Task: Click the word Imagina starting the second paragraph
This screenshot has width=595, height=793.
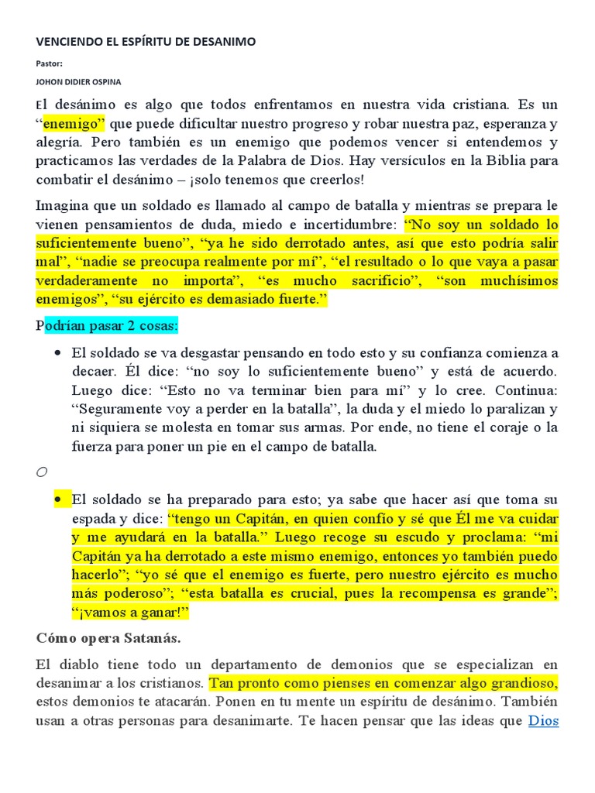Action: click(x=63, y=205)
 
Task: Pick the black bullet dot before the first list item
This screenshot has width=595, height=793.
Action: click(x=58, y=352)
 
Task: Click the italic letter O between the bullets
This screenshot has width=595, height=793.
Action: click(x=42, y=472)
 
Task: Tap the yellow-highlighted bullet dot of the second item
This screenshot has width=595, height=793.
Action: click(x=58, y=499)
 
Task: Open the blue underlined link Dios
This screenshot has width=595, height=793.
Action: click(x=543, y=721)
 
